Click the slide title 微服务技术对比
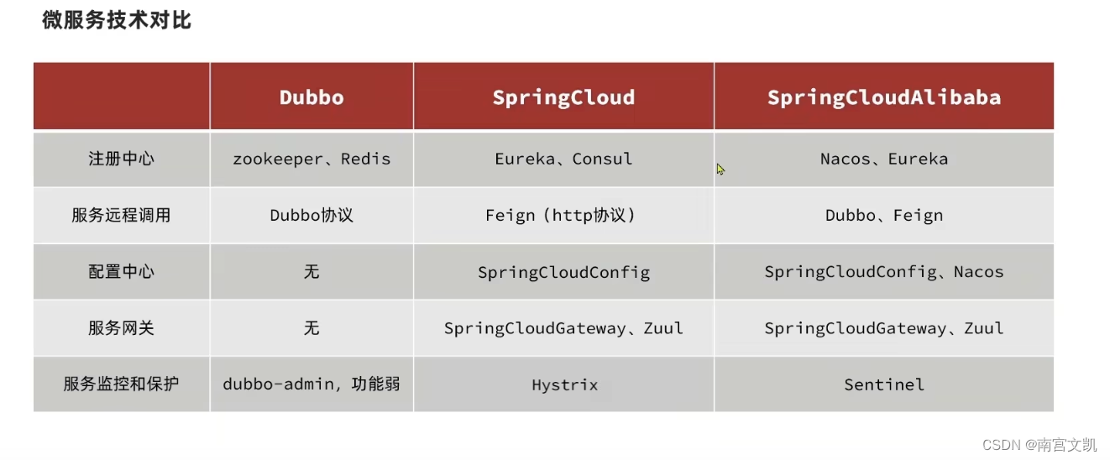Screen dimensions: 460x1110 point(117,20)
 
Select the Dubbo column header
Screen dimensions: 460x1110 point(312,97)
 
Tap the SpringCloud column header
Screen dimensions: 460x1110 point(563,97)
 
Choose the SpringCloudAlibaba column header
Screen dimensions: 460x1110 point(884,97)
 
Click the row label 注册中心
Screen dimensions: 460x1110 point(121,159)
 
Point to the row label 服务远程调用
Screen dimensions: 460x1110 point(121,215)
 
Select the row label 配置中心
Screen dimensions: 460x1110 point(121,272)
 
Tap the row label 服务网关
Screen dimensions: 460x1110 point(121,328)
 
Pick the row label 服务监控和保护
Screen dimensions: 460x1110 point(121,384)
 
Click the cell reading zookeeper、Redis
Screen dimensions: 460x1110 point(312,159)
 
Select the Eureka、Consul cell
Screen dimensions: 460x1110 point(563,159)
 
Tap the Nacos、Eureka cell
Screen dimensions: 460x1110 point(884,159)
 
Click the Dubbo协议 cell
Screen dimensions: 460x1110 point(312,215)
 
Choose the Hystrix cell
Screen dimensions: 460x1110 point(564,385)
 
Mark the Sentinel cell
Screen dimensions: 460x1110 point(884,385)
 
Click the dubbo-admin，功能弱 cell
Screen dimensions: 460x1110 point(312,384)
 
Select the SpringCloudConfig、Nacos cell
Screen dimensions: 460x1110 point(884,272)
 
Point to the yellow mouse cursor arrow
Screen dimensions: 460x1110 point(720,169)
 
